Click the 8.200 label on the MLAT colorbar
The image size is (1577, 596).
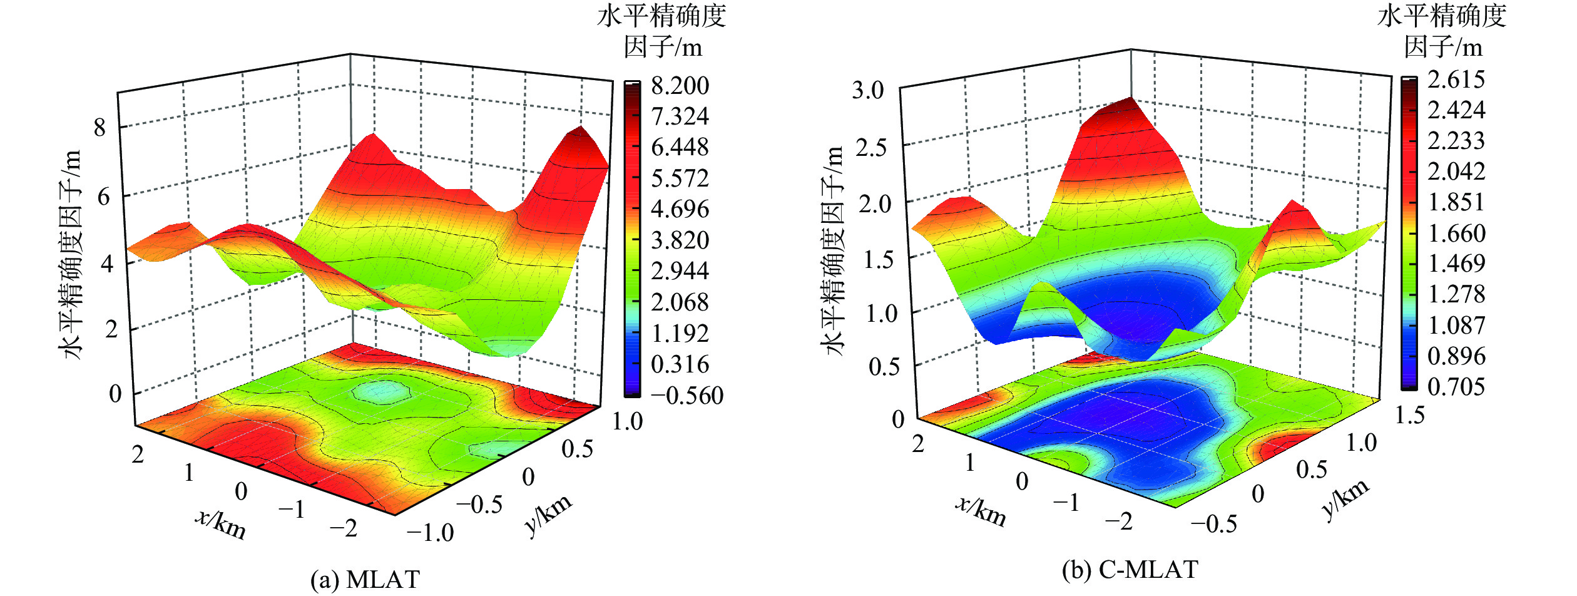(x=680, y=86)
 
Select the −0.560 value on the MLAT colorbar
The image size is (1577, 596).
(x=686, y=396)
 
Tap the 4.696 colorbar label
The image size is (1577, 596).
(x=680, y=209)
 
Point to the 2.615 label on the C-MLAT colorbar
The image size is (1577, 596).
(x=1456, y=80)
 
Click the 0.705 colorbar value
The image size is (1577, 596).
(x=1456, y=387)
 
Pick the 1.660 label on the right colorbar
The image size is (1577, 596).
(x=1456, y=234)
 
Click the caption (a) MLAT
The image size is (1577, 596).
(x=365, y=580)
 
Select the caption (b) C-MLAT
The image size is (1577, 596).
(x=1130, y=570)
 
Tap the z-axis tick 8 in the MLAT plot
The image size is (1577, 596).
(x=100, y=128)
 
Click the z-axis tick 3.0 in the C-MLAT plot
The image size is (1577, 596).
(x=868, y=91)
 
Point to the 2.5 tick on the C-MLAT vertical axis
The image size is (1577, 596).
(x=870, y=148)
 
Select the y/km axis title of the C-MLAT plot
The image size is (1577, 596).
(x=1345, y=500)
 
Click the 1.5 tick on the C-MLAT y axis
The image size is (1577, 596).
(x=1409, y=415)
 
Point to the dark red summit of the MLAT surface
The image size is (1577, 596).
(x=581, y=133)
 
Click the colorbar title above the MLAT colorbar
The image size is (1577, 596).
(x=661, y=31)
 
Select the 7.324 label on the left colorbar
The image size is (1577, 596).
(x=680, y=116)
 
